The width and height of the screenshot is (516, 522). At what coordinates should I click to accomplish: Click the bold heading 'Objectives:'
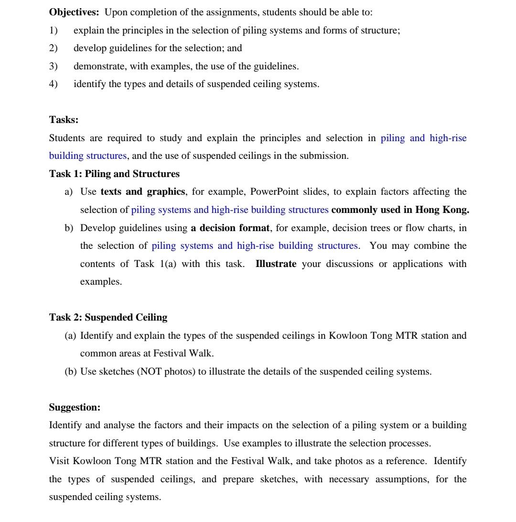74,12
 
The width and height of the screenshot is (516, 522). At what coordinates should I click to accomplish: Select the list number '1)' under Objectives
53,30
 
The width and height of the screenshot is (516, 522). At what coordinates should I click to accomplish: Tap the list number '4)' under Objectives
53,84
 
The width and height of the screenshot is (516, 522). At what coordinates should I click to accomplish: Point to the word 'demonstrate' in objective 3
97,66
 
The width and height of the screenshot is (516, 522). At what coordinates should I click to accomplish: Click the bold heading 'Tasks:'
64,120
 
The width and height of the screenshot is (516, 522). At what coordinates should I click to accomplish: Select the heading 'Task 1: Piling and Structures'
114,174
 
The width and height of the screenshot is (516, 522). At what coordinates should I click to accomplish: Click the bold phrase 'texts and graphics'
143,192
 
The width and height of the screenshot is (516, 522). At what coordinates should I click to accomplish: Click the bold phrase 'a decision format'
230,228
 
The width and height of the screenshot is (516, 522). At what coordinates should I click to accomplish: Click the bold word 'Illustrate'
276,264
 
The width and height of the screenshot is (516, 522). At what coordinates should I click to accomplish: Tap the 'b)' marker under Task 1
69,228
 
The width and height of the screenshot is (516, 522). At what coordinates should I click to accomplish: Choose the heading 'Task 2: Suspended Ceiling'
108,317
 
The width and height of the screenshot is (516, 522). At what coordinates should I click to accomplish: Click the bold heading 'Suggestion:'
75,407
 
